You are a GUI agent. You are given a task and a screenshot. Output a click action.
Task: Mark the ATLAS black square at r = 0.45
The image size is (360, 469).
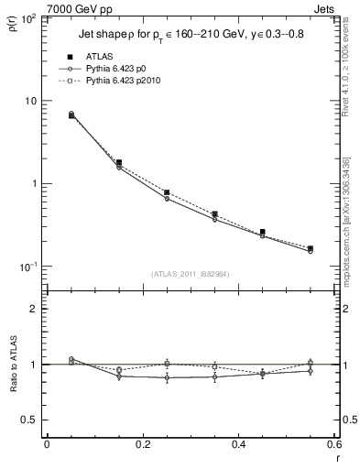point(262,232)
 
